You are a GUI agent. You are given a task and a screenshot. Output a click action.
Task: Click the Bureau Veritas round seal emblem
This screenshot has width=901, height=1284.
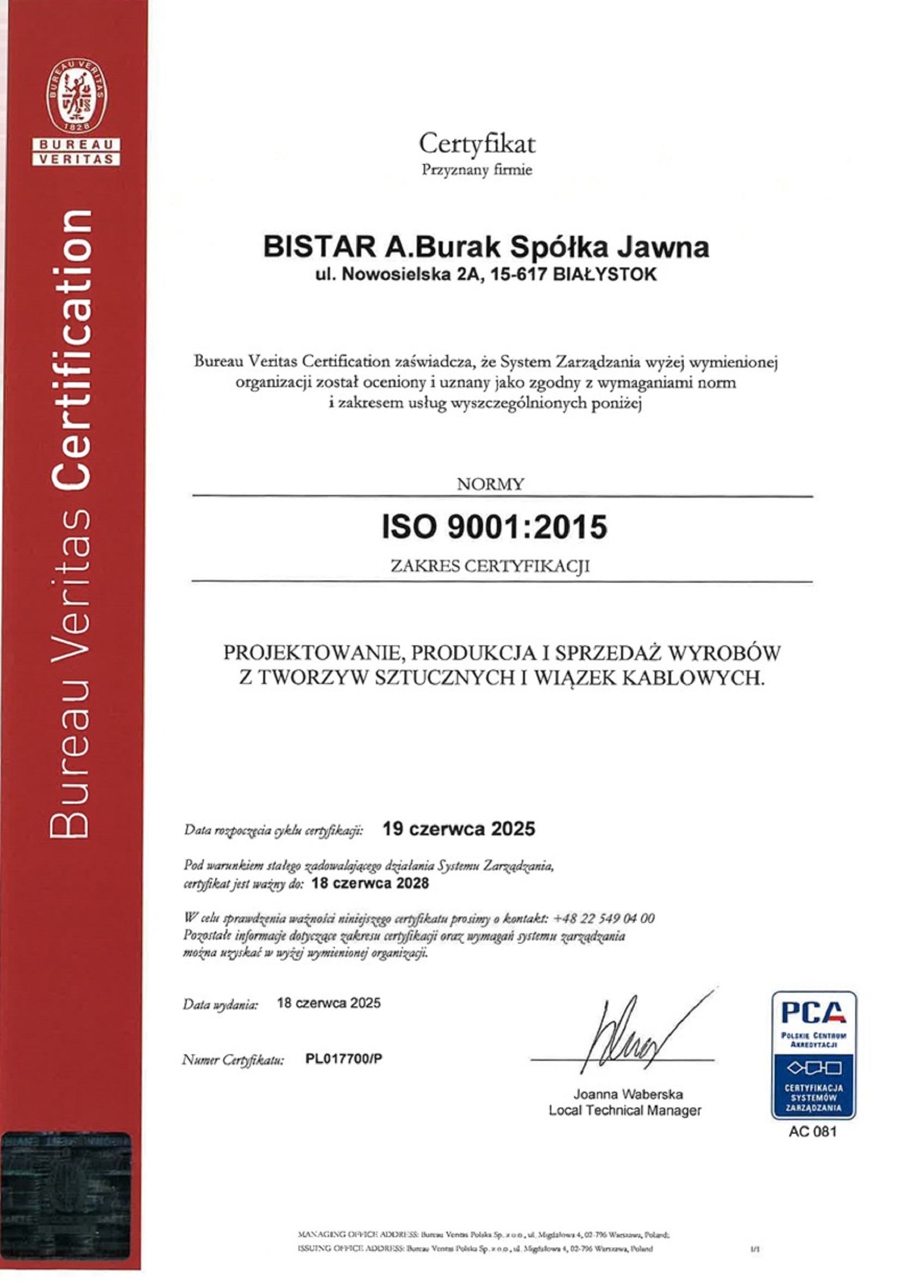pos(77,96)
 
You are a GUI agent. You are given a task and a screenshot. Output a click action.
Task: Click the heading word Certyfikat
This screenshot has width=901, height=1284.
pos(477,144)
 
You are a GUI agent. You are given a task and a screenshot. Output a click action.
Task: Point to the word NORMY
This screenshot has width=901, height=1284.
pos(490,484)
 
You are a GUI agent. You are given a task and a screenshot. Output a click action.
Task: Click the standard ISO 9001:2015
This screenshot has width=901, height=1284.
pos(494,527)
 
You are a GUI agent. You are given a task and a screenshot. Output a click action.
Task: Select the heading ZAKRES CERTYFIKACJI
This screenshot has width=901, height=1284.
pos(490,566)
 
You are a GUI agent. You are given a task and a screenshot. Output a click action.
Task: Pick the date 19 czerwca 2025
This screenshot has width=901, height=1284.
pos(459,829)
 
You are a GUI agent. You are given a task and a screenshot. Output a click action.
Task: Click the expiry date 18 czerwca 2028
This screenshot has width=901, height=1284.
pos(370,883)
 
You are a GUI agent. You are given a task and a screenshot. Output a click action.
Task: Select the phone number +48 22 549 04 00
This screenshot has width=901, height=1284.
pos(604,918)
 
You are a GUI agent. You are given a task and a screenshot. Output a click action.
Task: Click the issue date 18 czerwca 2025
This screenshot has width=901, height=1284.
pos(329,1002)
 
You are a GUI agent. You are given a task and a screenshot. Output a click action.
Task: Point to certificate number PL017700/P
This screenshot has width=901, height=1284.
pos(344,1059)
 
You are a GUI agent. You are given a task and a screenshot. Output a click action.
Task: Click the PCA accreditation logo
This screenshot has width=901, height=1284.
pos(813,1055)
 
